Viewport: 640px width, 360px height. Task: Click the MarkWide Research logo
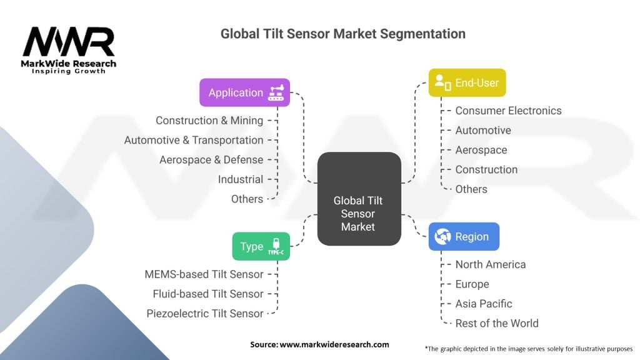point(69,50)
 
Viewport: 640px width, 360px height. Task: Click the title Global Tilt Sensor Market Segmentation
point(342,33)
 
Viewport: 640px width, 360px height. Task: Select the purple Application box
point(244,92)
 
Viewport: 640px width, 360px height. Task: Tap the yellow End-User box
point(467,82)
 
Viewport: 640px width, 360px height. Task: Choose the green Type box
point(261,246)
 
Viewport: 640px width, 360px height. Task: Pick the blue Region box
point(463,237)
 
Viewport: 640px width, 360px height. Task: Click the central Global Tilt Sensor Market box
point(358,213)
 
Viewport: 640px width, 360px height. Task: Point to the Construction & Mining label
point(209,121)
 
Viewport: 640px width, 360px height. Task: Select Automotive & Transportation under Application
point(194,140)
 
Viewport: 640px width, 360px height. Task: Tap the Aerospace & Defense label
point(211,159)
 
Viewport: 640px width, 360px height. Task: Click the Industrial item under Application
point(241,179)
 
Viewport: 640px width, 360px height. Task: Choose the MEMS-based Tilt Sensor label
point(204,274)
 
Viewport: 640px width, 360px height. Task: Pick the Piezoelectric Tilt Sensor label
point(205,313)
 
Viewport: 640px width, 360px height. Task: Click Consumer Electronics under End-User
point(508,111)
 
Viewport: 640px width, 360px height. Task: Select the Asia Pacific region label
point(484,304)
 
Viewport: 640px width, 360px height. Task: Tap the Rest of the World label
point(497,323)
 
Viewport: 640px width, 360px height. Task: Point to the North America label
point(491,264)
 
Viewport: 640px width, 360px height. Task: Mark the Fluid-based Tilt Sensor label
point(208,294)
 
